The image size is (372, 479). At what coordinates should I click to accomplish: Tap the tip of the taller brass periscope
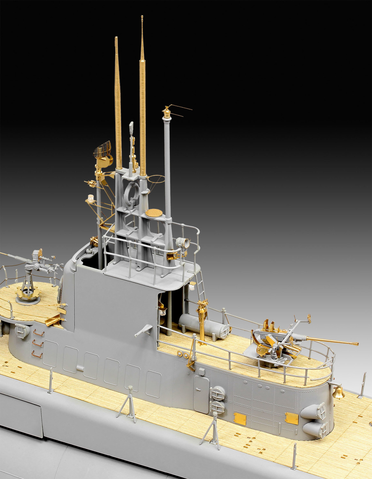point(142,17)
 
